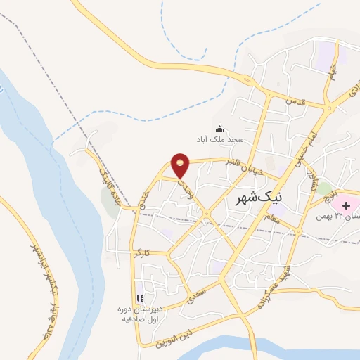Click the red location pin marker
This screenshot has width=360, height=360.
tap(181, 165)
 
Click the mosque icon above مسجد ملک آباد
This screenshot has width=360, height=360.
tap(219, 128)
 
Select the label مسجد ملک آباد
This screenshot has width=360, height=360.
tap(219, 139)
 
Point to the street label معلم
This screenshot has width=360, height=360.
tap(275, 219)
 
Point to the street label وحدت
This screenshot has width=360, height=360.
tap(185, 186)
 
